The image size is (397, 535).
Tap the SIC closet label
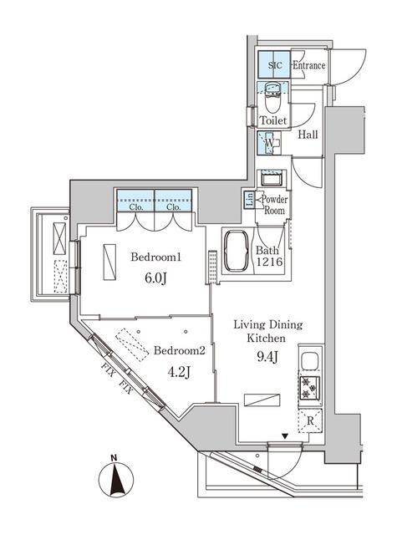274,65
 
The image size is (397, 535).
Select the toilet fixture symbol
272,100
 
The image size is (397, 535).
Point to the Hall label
307,135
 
